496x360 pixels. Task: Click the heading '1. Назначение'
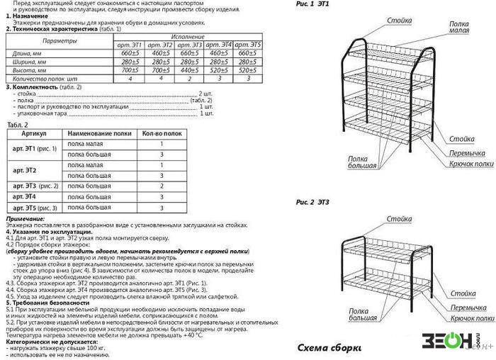(31, 16)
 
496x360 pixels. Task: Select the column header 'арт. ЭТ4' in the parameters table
(220, 45)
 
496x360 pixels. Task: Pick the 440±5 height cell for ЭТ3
(189, 70)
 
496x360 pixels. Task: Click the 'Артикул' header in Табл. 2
(34, 133)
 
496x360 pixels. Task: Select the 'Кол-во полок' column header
(162, 133)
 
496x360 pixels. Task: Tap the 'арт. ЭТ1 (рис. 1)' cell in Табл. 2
(35, 149)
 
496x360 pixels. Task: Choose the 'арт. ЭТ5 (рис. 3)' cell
(35, 208)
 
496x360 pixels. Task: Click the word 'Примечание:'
(26, 219)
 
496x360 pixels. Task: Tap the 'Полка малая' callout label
(458, 28)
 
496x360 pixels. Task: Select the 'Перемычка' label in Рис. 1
(467, 153)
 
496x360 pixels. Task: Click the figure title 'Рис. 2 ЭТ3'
(312, 203)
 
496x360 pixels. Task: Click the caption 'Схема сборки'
(329, 348)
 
